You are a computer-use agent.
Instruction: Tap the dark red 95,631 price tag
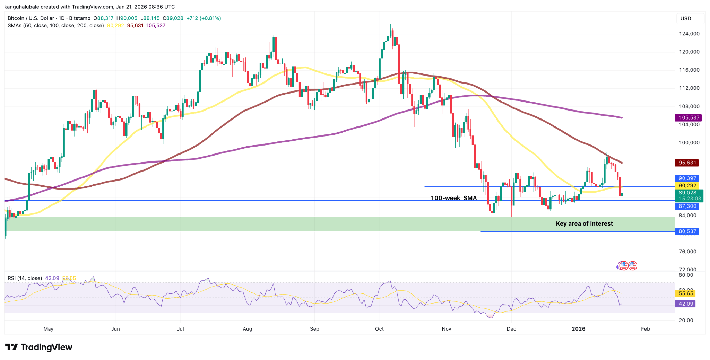click(x=687, y=163)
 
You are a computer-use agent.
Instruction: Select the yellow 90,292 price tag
click(x=687, y=186)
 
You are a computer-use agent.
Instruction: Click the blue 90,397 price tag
click(x=687, y=178)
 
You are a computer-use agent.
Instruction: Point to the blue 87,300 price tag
click(x=687, y=206)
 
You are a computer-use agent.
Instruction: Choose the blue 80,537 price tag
click(x=687, y=231)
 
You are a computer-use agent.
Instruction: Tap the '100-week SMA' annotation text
click(x=453, y=198)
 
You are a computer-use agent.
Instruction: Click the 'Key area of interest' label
click(x=584, y=224)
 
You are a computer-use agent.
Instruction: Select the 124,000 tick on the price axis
click(x=689, y=34)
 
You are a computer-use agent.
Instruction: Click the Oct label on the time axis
click(x=379, y=329)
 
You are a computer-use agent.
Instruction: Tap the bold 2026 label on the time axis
click(x=578, y=329)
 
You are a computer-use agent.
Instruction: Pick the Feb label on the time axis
click(x=645, y=329)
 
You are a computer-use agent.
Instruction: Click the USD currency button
click(x=686, y=18)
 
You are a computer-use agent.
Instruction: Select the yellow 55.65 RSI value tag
click(x=686, y=293)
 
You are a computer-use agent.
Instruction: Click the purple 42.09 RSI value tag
click(x=686, y=304)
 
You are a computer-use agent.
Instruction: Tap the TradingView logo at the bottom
click(x=39, y=347)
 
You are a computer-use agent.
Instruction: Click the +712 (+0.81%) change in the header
click(x=204, y=18)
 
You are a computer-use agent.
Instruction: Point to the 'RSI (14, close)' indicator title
click(x=25, y=278)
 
